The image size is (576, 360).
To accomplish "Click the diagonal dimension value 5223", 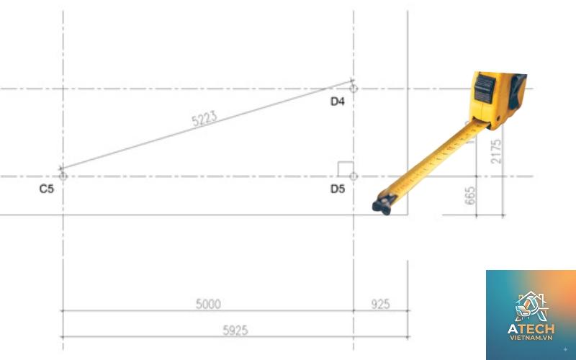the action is tap(204, 119).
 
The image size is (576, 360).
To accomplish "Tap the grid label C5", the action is tap(47, 189).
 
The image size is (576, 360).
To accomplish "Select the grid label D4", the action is tap(338, 102).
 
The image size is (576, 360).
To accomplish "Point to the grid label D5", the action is tap(338, 189).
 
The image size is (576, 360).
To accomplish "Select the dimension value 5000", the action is tap(208, 304).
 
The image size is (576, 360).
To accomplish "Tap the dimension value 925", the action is tap(381, 304).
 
